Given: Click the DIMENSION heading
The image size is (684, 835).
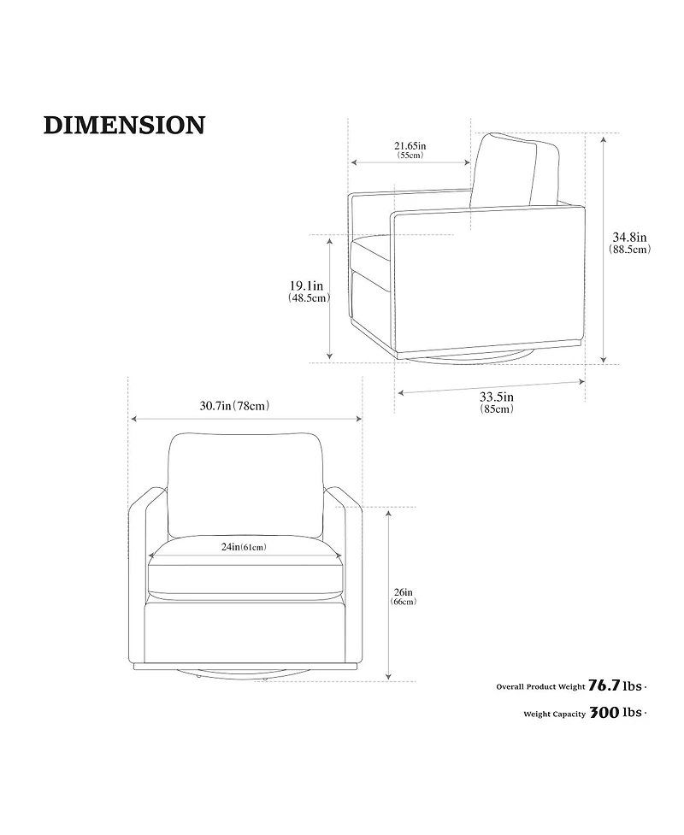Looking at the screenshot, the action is coord(124,125).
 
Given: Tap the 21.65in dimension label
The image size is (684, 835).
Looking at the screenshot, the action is coord(410,145).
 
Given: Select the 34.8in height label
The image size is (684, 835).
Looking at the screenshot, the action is coord(629,237).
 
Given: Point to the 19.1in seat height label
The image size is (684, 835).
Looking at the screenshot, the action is coord(306,286).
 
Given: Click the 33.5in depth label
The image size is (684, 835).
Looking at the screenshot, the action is coord(497,397).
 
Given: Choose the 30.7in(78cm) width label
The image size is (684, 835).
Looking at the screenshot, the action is coord(234,406).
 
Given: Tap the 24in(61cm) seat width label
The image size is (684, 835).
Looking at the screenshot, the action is coord(244,547).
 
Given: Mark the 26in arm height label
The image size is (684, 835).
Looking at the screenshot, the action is coord(404,592).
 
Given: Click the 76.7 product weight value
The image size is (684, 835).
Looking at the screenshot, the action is coord(604,685).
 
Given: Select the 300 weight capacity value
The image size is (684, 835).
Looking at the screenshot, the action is coord(604,713).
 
